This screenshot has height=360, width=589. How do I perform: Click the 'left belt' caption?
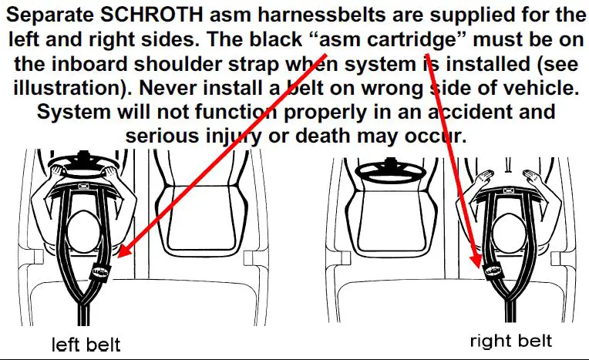point(86,343)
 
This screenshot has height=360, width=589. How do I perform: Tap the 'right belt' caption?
point(510,340)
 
